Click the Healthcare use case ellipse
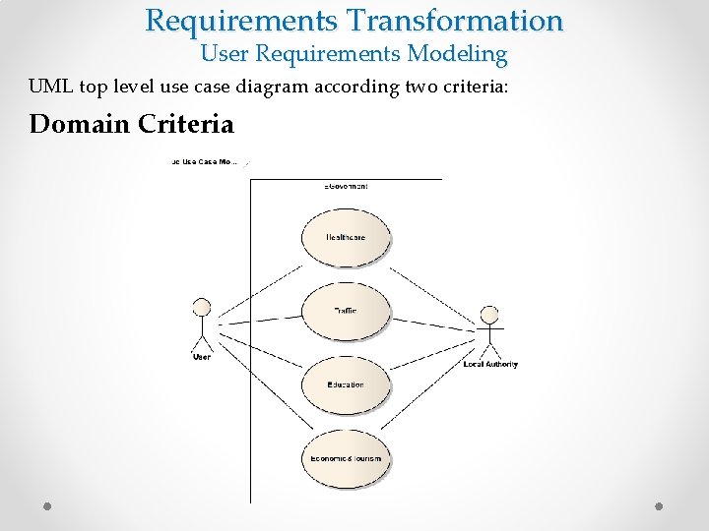click(x=346, y=237)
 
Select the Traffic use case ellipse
click(x=346, y=311)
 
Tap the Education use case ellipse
click(x=346, y=384)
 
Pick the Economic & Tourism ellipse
click(x=346, y=458)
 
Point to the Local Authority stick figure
click(x=489, y=329)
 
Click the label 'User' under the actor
click(x=202, y=357)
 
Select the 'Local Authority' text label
click(x=490, y=364)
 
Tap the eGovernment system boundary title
click(x=346, y=186)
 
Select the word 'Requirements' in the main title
click(x=243, y=20)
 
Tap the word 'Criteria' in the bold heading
click(x=186, y=125)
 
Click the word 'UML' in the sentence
click(x=51, y=87)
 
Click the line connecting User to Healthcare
click(x=261, y=285)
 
